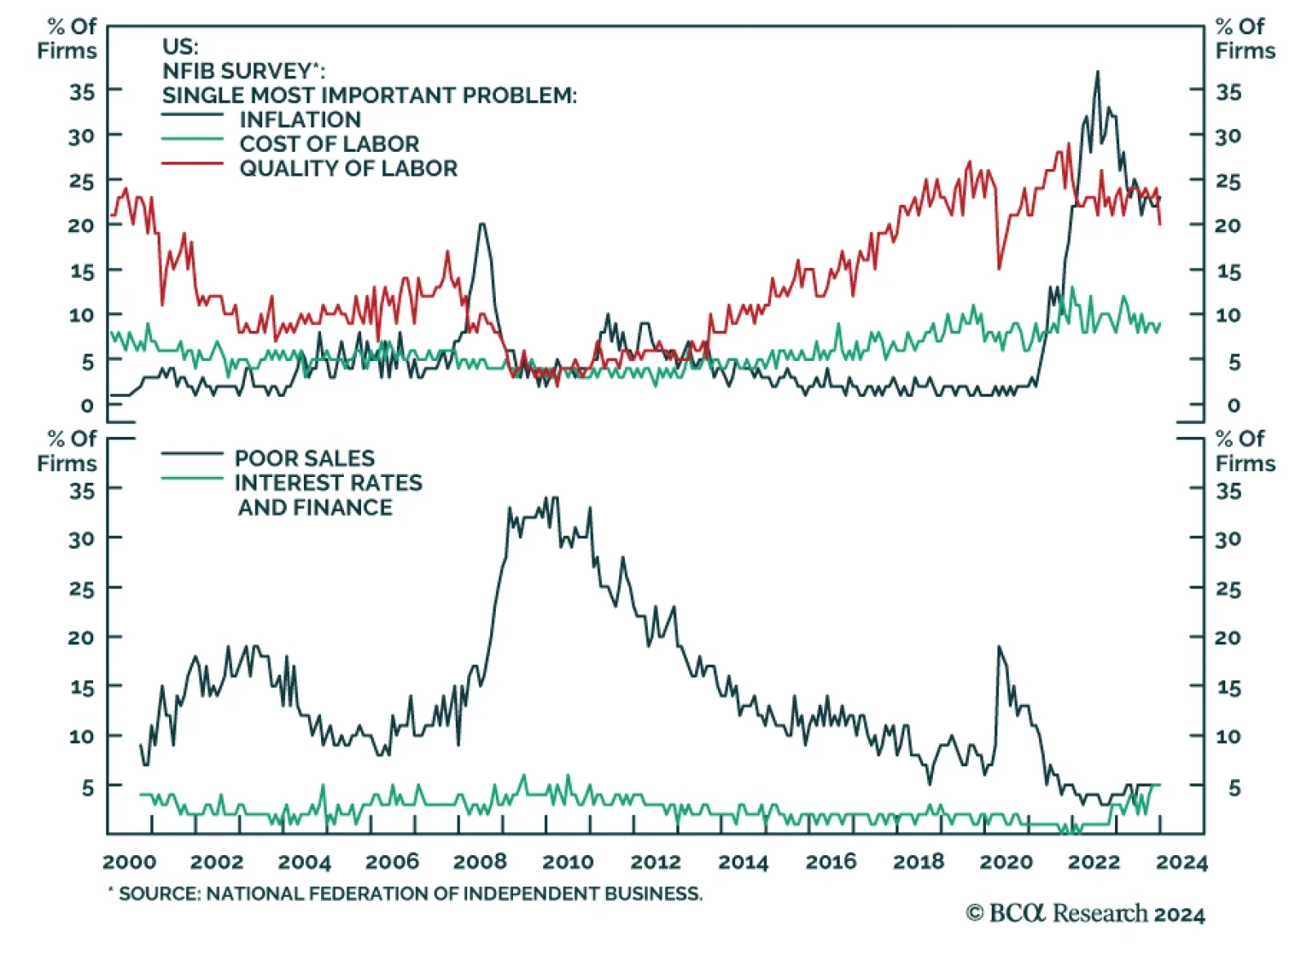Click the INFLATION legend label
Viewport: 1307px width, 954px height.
pos(300,119)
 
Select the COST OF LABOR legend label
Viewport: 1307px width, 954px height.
pos(328,144)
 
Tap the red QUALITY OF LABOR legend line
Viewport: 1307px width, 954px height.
pos(192,164)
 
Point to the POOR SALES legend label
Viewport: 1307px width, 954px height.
pos(304,458)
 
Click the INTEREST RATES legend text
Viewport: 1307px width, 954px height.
pos(328,483)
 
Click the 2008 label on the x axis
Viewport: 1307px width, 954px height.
pos(480,862)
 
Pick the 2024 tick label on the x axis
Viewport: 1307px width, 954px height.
pos(1181,862)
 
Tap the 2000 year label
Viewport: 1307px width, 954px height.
pos(129,862)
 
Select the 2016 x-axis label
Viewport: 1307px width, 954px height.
pos(831,862)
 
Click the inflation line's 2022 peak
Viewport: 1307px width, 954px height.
pos(1097,72)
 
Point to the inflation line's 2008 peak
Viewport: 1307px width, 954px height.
pos(482,224)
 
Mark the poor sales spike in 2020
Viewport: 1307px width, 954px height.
pos(998,647)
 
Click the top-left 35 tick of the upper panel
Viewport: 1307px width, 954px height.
pos(82,91)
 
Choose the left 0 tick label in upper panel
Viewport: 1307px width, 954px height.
pos(87,405)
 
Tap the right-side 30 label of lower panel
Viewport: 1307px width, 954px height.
pos(1228,539)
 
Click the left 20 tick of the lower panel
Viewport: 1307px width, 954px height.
pos(82,637)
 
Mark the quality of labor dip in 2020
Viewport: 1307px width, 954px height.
pos(999,268)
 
